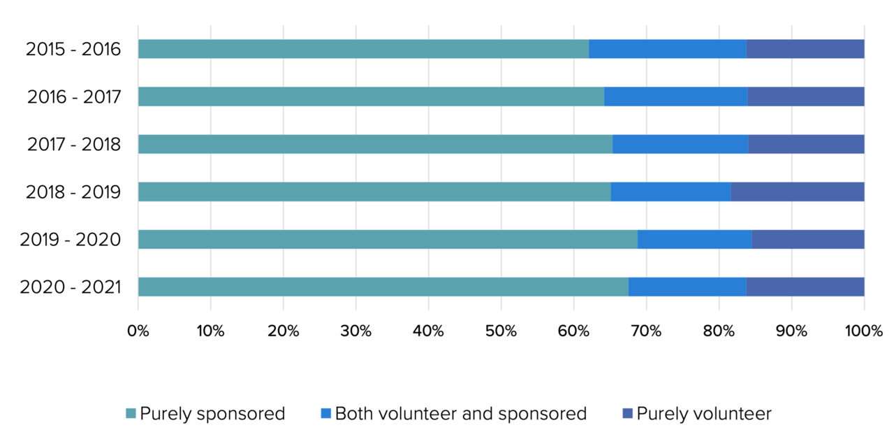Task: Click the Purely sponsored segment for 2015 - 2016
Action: tap(363, 49)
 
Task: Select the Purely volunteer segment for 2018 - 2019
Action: tap(798, 192)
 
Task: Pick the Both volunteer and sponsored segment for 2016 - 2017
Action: tap(675, 96)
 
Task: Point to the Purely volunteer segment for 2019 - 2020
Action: tap(808, 239)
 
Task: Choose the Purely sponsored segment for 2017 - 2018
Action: tap(375, 144)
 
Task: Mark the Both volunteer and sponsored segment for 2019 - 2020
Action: tap(695, 239)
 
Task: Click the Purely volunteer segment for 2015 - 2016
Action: tap(805, 49)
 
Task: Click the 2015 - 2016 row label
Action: tap(73, 50)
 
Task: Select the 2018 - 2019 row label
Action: tap(73, 192)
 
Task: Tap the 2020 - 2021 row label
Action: tap(71, 287)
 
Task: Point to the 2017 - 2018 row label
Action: tap(74, 145)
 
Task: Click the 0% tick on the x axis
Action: tap(138, 331)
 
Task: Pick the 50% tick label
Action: tap(501, 331)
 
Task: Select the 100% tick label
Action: tap(863, 331)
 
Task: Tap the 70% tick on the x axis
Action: tap(647, 331)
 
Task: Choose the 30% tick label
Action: tap(356, 331)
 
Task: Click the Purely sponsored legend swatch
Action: tap(131, 414)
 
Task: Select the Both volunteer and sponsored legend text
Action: tap(461, 414)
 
